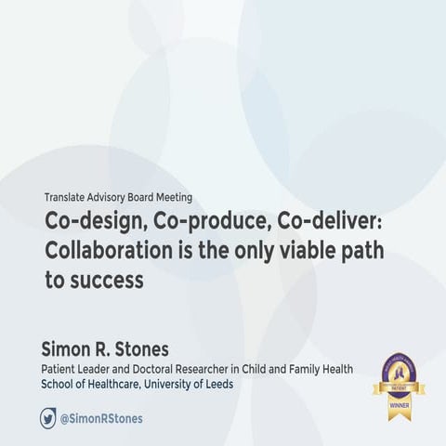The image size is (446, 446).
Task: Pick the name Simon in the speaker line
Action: point(68,348)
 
